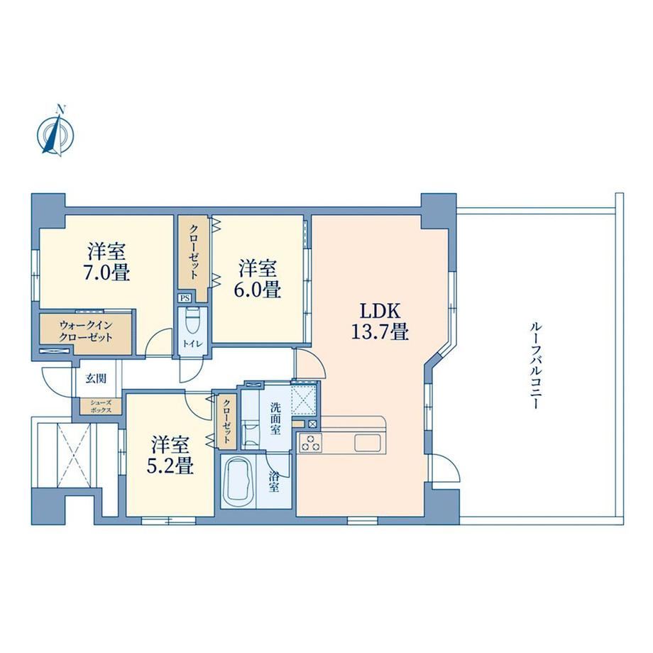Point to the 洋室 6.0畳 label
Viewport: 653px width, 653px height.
258,279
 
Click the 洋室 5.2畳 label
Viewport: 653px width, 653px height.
170,455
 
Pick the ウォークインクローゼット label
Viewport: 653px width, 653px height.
85,331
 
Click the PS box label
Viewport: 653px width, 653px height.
184,298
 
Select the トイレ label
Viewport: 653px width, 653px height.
191,344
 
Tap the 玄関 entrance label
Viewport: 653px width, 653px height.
95,378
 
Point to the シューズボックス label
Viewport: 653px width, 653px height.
101,407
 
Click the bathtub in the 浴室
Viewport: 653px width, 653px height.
239,481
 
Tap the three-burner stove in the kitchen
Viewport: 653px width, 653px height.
310,442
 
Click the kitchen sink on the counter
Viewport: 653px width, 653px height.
368,442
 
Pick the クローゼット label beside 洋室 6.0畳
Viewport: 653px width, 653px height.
194,252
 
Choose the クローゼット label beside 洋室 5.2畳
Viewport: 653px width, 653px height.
226,421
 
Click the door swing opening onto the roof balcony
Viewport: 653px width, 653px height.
446,468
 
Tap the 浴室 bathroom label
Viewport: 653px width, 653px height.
273,482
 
